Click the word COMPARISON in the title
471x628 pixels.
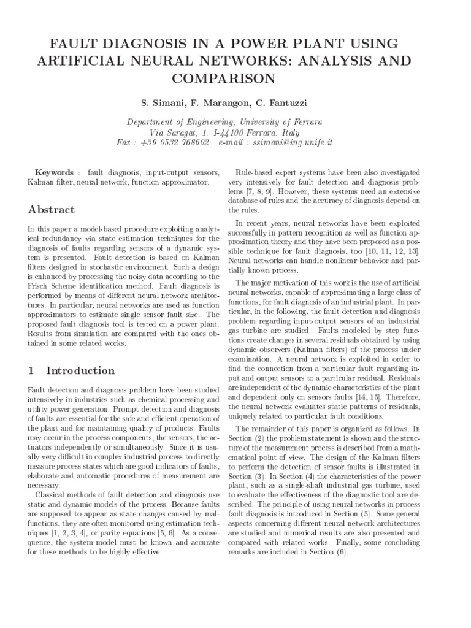(235, 78)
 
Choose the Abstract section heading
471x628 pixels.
(52, 209)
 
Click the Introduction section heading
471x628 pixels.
(80, 370)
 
